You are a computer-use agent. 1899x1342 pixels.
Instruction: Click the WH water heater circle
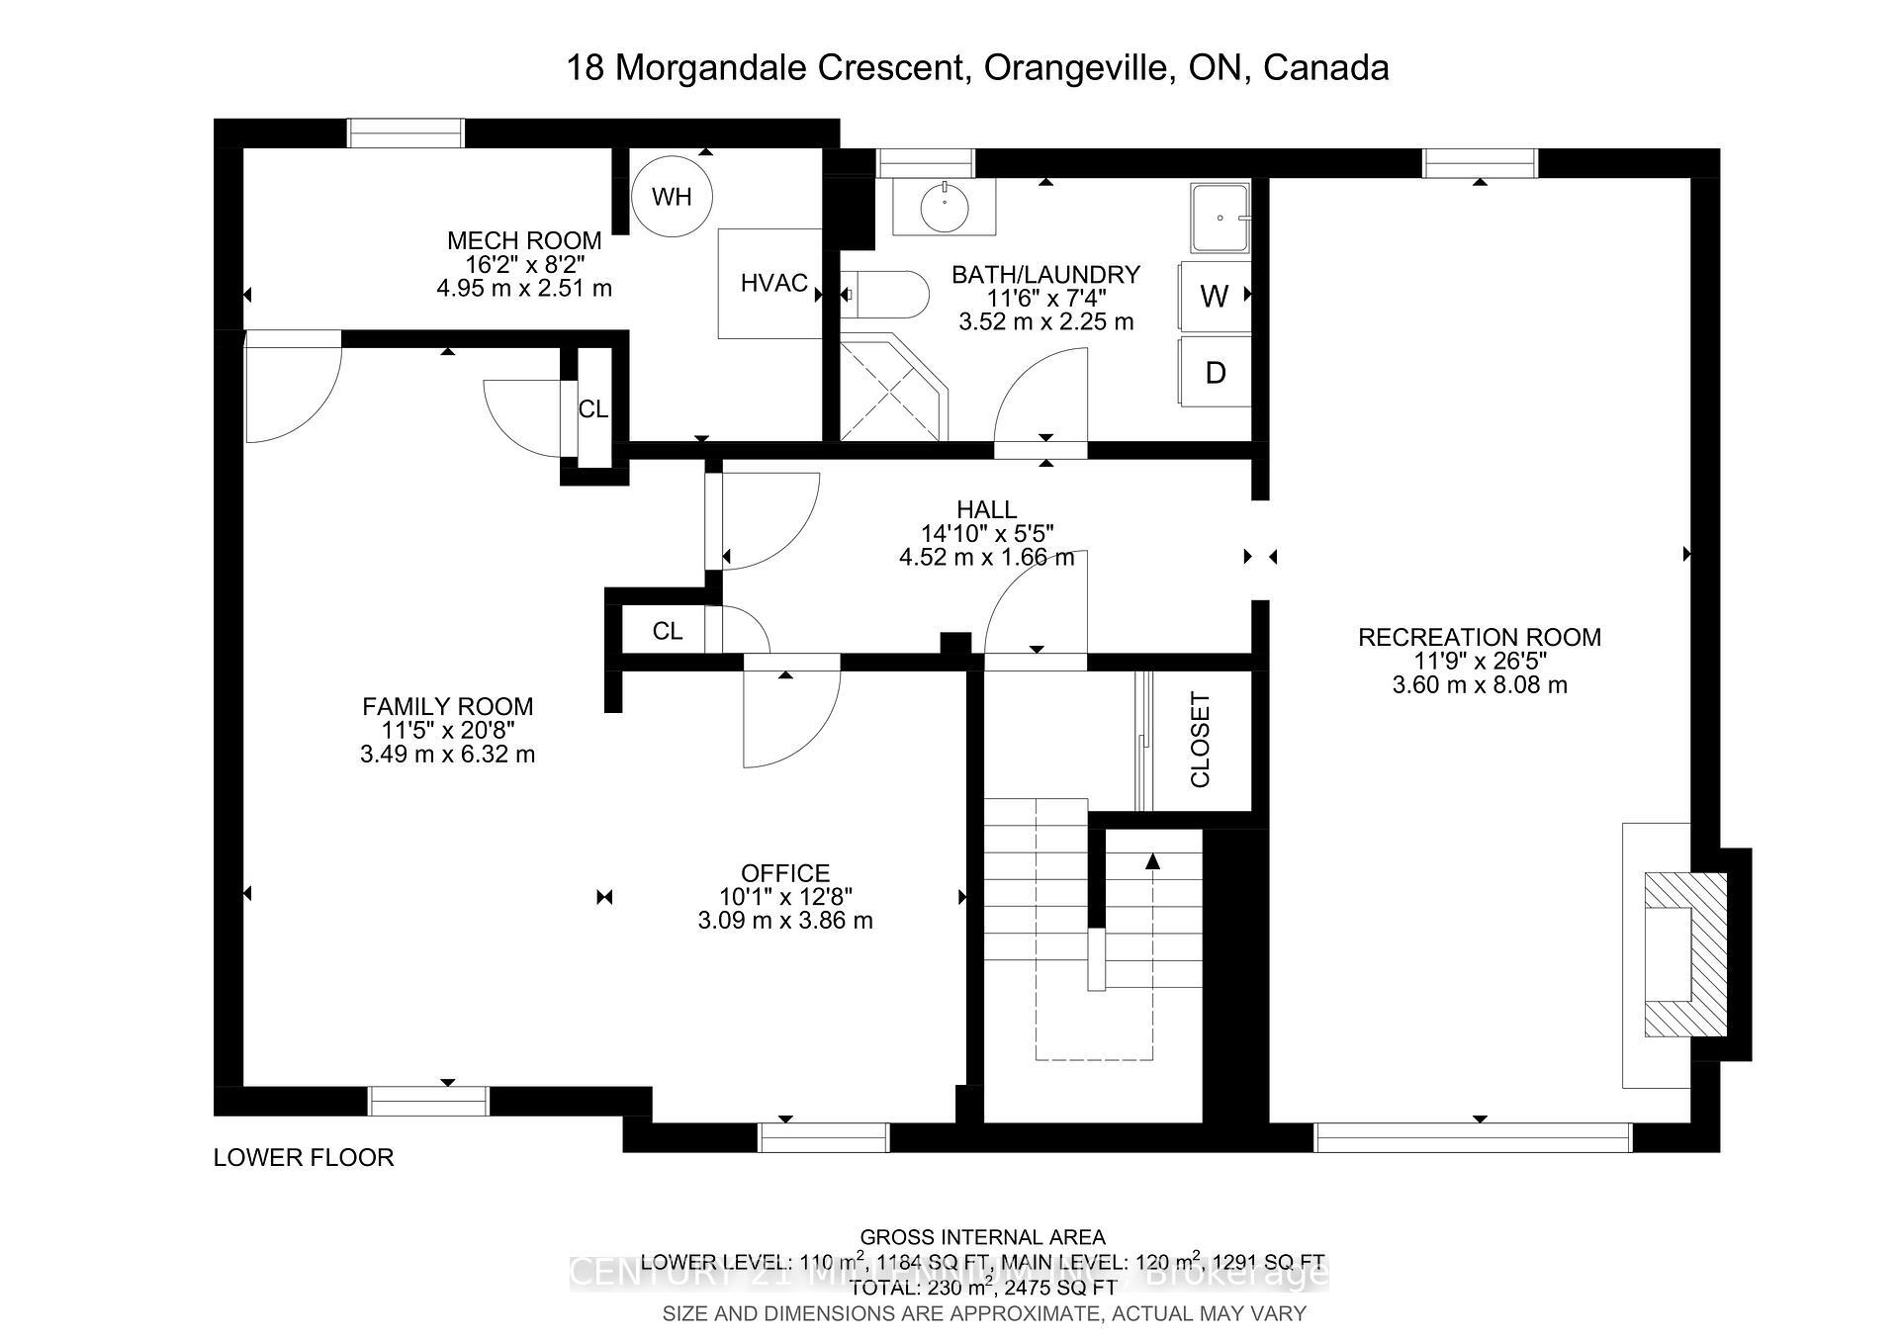(672, 196)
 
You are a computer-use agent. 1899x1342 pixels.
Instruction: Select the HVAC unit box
(770, 284)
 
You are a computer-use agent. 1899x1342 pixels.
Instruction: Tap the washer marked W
(1215, 296)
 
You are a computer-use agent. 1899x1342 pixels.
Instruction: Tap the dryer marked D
(1215, 373)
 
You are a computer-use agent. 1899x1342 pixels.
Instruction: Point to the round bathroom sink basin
(945, 206)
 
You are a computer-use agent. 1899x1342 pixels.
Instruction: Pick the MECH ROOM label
(524, 240)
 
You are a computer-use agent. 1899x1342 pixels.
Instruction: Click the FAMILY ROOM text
(447, 706)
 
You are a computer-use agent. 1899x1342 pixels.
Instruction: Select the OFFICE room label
(785, 873)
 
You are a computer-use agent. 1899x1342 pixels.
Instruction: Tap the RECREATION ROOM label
(1479, 637)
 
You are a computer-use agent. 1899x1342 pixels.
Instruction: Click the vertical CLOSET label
(1200, 740)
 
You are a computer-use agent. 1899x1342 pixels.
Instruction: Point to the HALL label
(986, 509)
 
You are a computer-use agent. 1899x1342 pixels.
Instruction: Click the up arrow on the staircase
(1152, 862)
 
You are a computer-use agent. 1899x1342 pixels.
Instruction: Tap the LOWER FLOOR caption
(304, 1157)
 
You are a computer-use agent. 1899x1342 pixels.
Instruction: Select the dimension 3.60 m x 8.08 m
(1479, 684)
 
